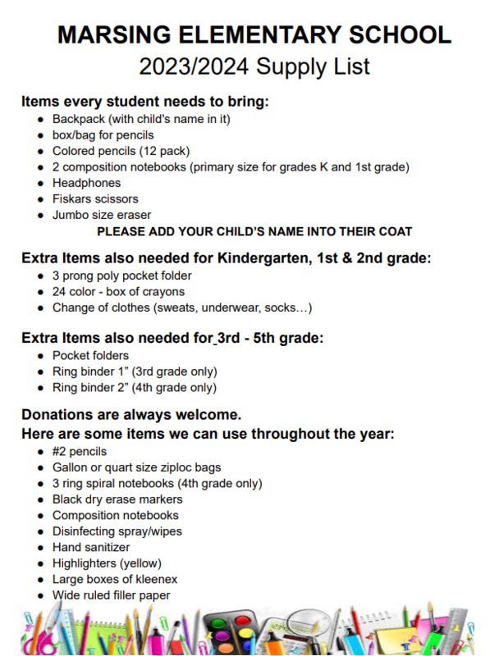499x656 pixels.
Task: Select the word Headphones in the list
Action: pos(86,183)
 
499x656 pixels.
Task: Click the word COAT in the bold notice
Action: pos(393,232)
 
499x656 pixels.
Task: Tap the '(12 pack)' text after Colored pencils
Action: pos(162,151)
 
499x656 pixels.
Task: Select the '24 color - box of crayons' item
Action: pos(118,292)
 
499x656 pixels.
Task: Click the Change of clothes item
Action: pos(181,307)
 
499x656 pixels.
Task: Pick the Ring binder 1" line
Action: pos(134,371)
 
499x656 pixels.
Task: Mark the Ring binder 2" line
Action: pos(134,387)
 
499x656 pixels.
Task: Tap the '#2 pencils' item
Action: pos(79,451)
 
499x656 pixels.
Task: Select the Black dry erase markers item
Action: pos(117,499)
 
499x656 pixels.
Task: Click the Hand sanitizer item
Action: pos(91,547)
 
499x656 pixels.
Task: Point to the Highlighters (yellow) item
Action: pos(107,563)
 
